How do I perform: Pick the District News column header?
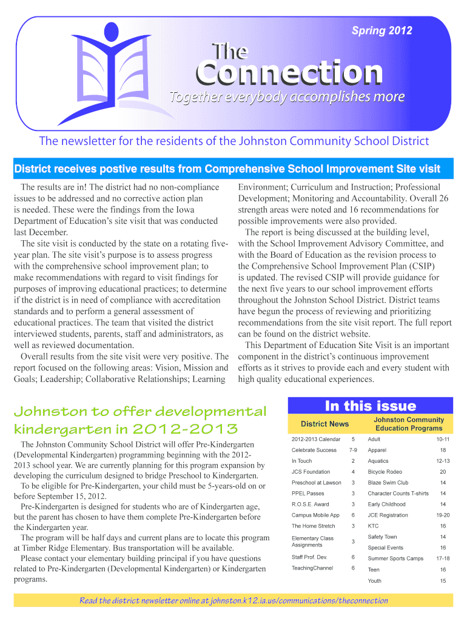pos(325,424)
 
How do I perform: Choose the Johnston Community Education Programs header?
pos(409,424)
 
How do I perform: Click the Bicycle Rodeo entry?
pos(385,472)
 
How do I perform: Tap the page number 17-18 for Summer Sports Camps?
pos(443,559)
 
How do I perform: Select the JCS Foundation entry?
pos(311,472)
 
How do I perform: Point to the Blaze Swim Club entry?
pos(388,483)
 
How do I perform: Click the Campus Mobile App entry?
pos(314,515)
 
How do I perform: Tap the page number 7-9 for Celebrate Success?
pos(353,450)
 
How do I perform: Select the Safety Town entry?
pos(382,537)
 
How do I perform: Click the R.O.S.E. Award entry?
pos(310,505)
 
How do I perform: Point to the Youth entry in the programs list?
pos(374,581)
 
